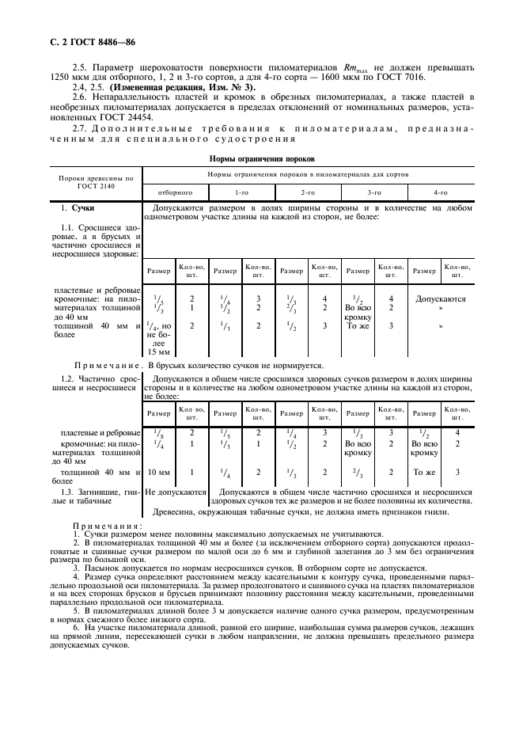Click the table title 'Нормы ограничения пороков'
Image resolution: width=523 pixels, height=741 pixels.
262,158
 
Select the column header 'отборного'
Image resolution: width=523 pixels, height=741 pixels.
175,192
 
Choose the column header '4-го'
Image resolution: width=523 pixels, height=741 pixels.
441,192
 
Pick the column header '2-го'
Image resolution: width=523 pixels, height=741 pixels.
308,192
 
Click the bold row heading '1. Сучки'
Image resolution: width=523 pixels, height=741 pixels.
78,208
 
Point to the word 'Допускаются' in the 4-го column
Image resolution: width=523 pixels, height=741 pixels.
441,299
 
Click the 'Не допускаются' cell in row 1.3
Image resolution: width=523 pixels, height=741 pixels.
176,492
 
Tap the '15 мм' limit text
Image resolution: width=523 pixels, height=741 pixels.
159,352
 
